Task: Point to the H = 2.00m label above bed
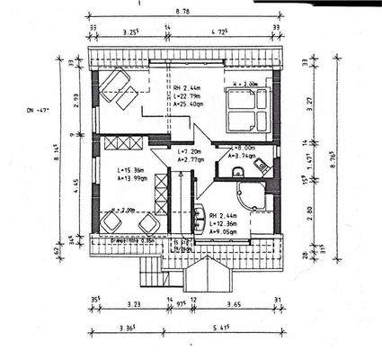(245, 83)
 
